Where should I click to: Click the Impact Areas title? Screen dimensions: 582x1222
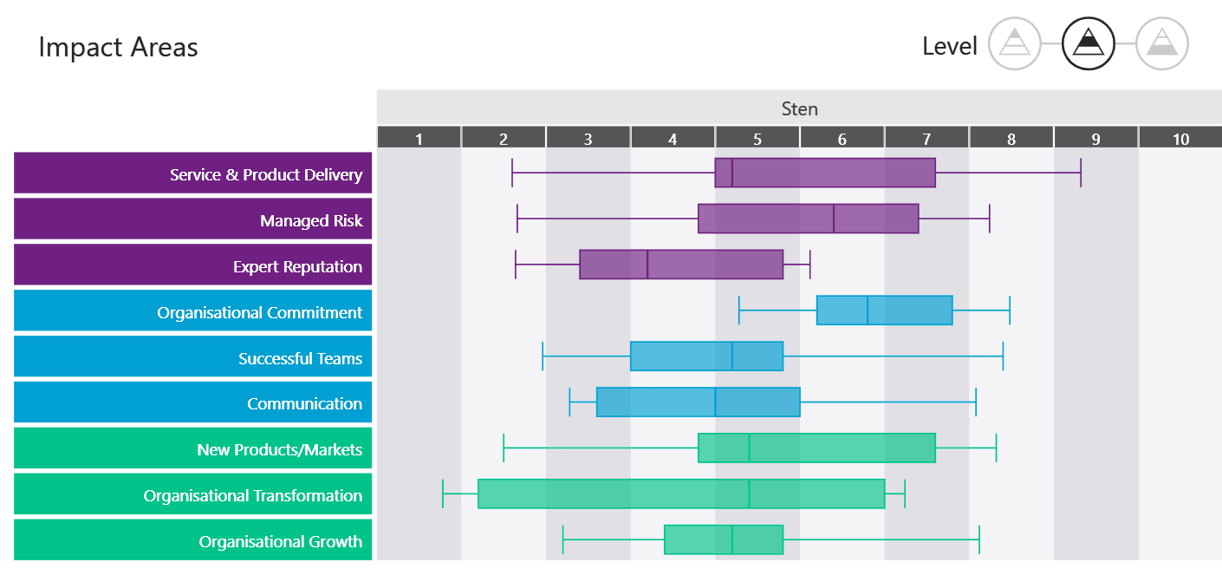(118, 47)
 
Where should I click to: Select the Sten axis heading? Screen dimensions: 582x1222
(799, 108)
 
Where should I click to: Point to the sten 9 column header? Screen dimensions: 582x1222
(1095, 138)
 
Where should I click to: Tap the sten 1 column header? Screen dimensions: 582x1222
(419, 138)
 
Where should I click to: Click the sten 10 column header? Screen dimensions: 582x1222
(1180, 138)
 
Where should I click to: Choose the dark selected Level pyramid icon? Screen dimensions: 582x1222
(1089, 43)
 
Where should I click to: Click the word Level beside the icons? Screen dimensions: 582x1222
(950, 46)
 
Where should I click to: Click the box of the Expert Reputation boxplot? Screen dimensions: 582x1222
(681, 265)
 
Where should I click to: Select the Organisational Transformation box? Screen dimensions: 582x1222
(681, 494)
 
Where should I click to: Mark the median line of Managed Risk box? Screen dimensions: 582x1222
(834, 219)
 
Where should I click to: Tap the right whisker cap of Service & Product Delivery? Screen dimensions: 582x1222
(1080, 173)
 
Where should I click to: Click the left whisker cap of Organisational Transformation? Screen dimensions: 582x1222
(443, 494)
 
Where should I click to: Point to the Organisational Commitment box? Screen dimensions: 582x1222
(884, 310)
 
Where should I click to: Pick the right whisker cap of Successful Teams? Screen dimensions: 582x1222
(1003, 356)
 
